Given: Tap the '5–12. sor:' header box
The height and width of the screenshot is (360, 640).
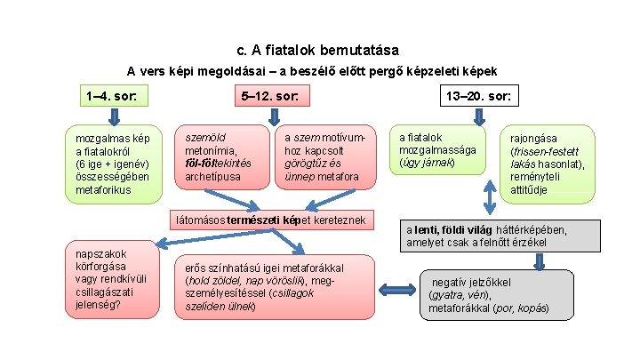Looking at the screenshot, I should [272, 96].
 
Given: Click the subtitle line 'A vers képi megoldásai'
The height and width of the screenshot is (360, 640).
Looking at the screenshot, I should [312, 71].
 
